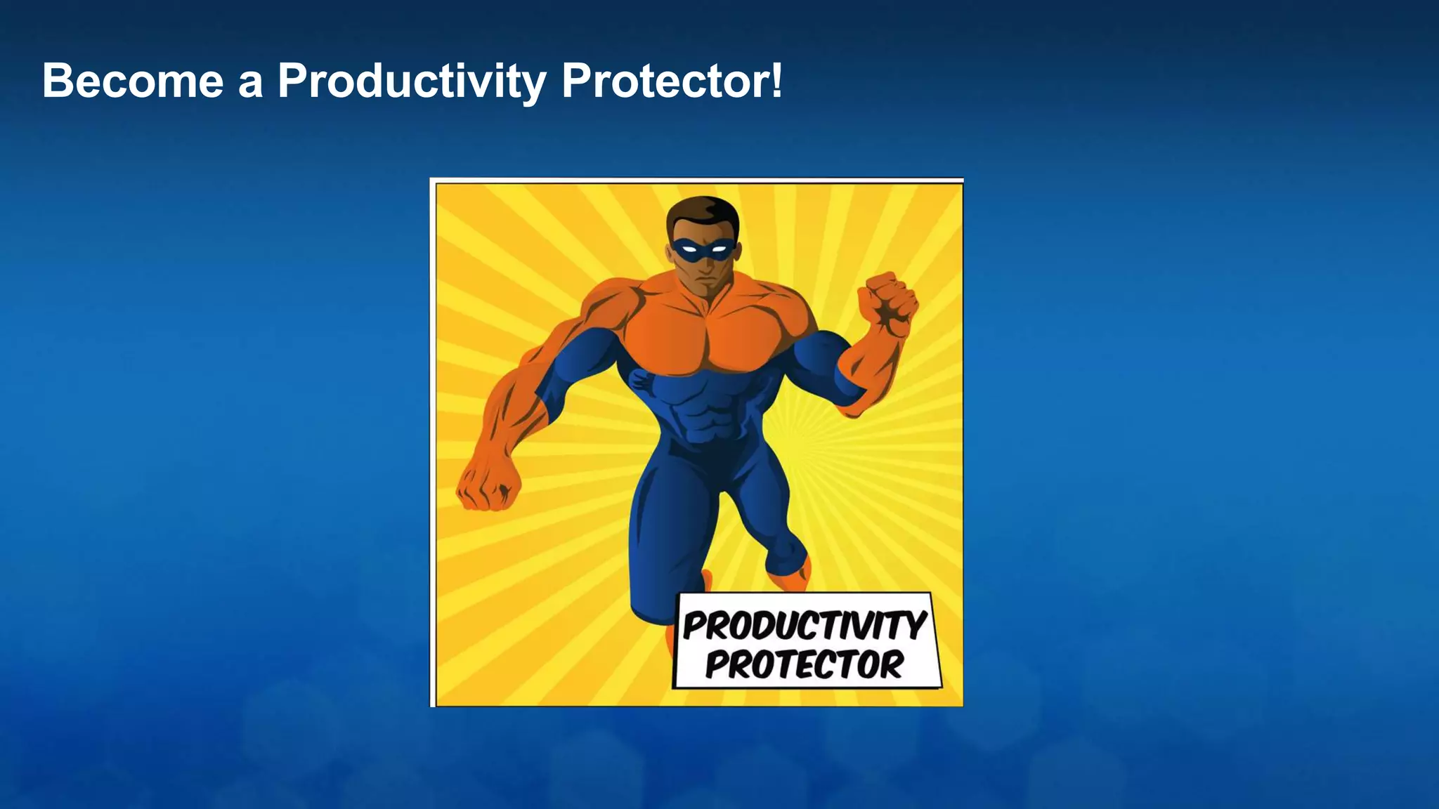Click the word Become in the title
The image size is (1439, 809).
132,81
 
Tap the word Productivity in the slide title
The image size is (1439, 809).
412,82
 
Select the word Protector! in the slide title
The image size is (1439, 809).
671,81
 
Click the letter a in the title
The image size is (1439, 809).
250,84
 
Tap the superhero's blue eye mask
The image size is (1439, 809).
703,249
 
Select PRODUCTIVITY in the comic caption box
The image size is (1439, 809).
805,626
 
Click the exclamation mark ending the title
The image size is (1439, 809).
776,79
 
